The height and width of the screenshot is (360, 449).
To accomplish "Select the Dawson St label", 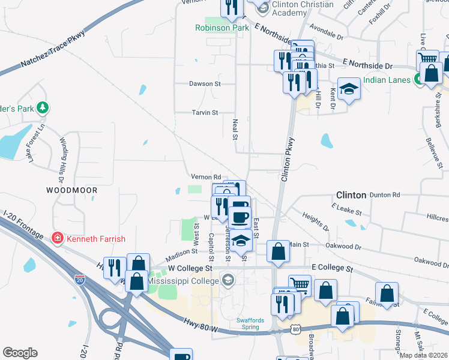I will click(x=204, y=84).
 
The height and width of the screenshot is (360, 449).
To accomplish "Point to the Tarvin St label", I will click(x=204, y=112).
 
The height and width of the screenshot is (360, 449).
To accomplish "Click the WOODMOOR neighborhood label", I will click(x=71, y=190).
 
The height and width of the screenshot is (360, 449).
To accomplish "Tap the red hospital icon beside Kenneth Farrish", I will click(x=57, y=238).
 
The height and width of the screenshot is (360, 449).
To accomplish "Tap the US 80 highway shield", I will click(x=295, y=329).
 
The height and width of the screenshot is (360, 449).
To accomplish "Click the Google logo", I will click(x=20, y=353).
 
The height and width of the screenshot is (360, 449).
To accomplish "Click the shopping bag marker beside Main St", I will click(x=278, y=251).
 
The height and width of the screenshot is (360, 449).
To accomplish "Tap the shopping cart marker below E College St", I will click(x=300, y=286).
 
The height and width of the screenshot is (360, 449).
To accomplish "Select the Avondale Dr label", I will click(x=327, y=36).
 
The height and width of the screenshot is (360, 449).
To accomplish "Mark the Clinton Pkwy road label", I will click(x=289, y=162).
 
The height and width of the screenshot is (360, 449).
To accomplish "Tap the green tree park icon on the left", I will click(x=43, y=108).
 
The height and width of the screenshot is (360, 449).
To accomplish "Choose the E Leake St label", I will click(x=346, y=209).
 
